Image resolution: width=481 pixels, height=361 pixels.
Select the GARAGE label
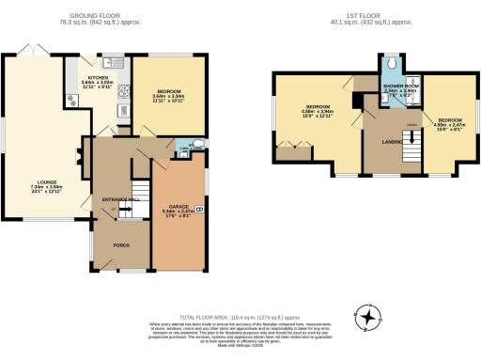point(178,206)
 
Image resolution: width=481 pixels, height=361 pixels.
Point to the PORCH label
point(121,244)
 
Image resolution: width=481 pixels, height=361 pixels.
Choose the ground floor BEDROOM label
point(168,90)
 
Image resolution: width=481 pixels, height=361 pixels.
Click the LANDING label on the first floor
point(392,142)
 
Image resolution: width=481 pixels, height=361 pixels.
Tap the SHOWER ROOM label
point(399,86)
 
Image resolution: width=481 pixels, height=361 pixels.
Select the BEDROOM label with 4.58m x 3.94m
point(316,107)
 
